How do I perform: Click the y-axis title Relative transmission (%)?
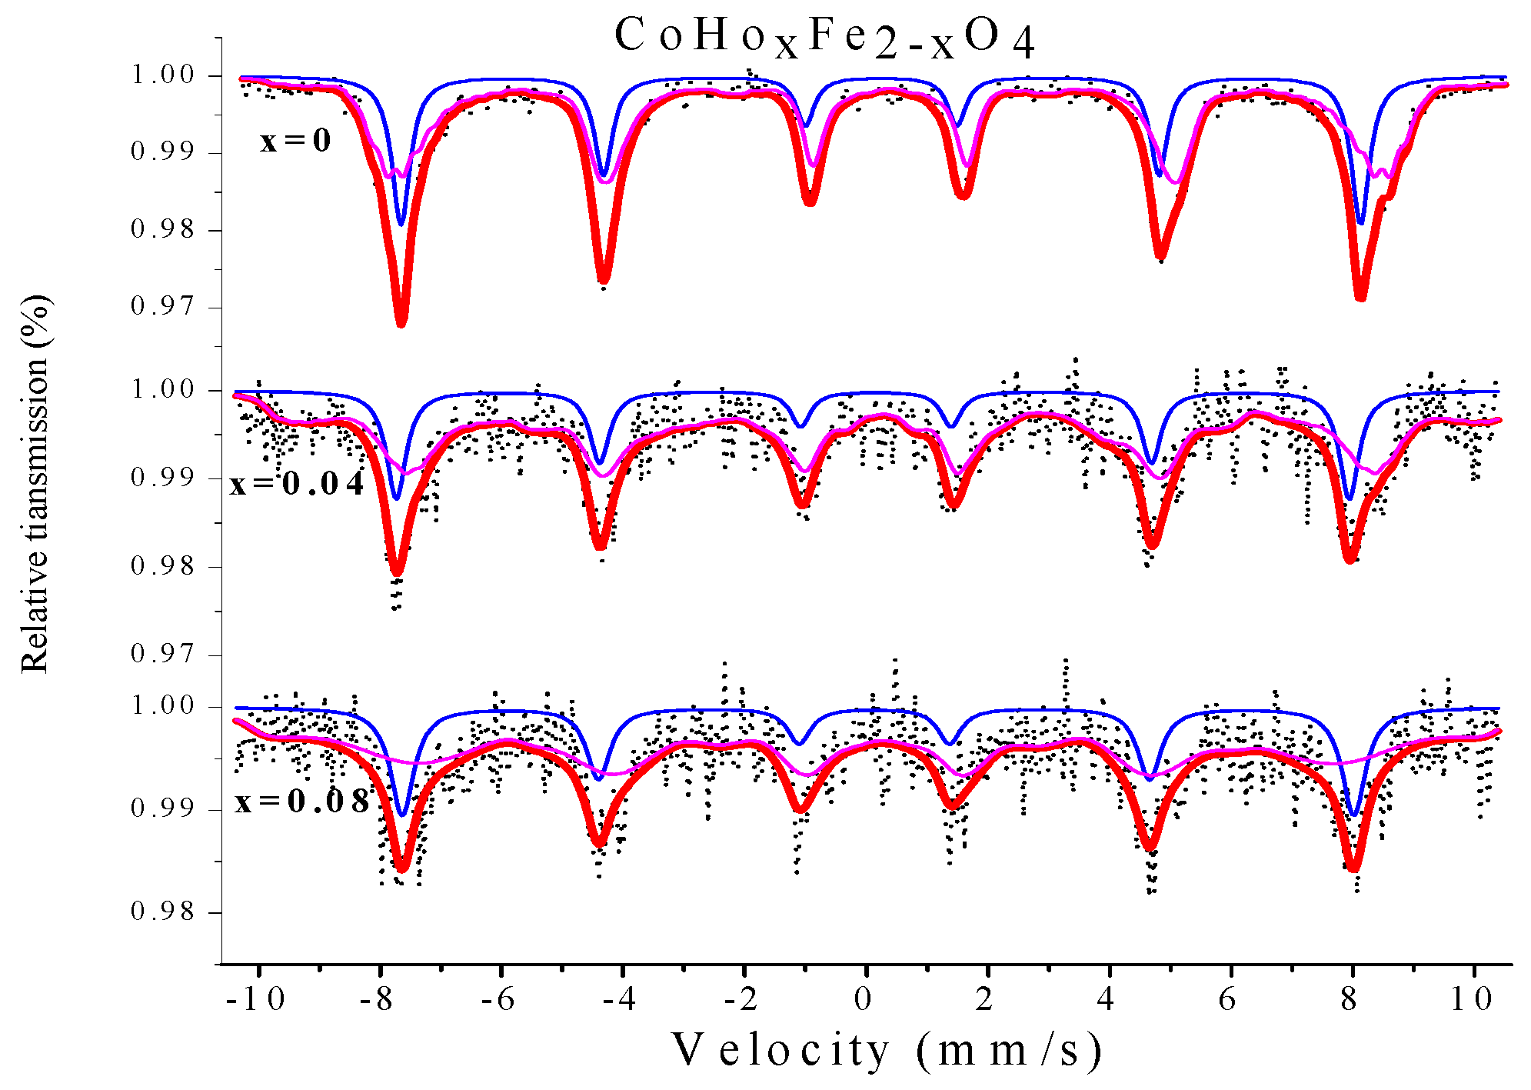(x=35, y=485)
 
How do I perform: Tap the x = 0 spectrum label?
(x=295, y=142)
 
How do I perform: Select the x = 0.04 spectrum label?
(x=297, y=484)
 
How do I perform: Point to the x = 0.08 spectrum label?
(x=302, y=802)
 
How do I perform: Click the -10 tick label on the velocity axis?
(x=256, y=999)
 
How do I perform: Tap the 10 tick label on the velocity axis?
(x=1471, y=999)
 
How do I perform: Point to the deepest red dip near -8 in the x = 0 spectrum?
(x=401, y=322)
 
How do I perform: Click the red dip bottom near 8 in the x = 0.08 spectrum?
(x=1353, y=867)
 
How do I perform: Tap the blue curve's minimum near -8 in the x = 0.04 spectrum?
(x=397, y=498)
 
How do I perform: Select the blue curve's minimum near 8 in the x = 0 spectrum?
(x=1361, y=223)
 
